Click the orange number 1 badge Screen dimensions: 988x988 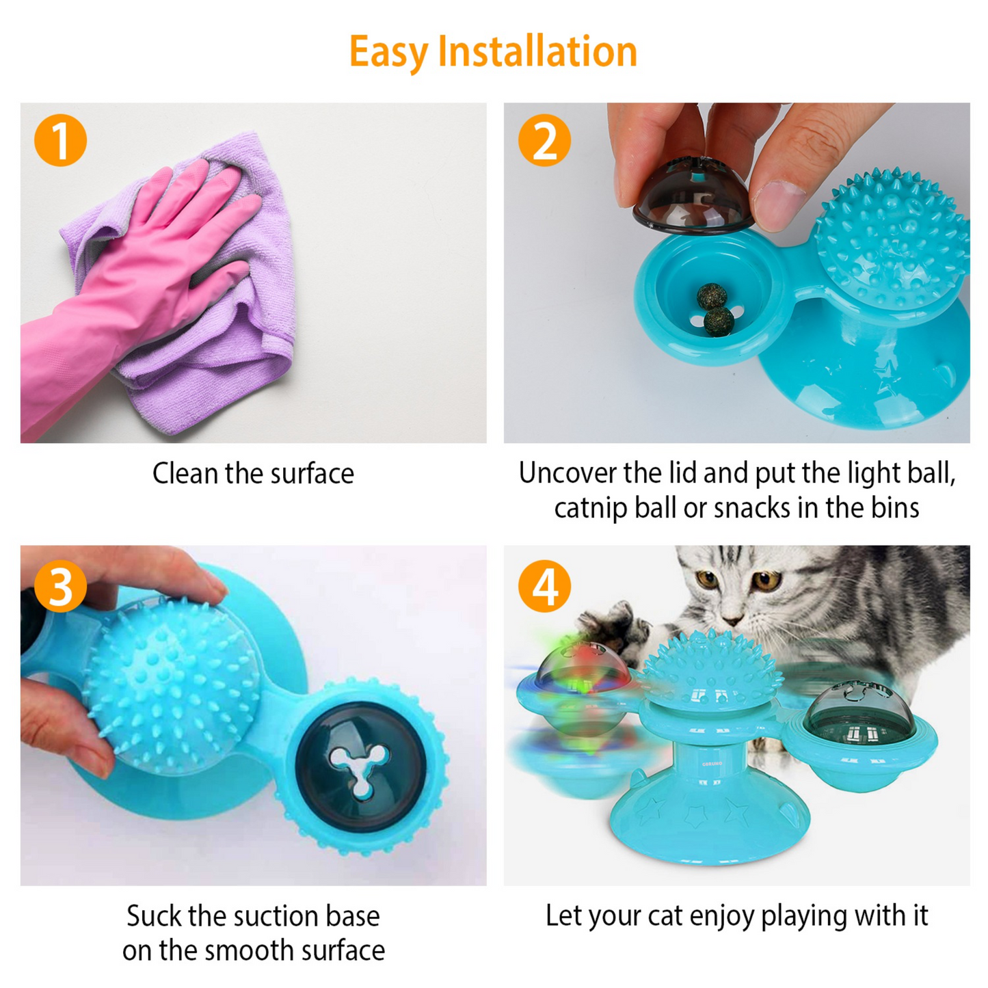pos(60,140)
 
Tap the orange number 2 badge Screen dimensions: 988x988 pos(544,140)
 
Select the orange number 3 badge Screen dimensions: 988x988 pos(60,586)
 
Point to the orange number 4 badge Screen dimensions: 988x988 pos(544,586)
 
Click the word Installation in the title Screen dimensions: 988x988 pos(537,52)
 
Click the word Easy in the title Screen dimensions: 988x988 pos(388,52)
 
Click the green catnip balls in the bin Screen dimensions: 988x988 pos(715,309)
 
